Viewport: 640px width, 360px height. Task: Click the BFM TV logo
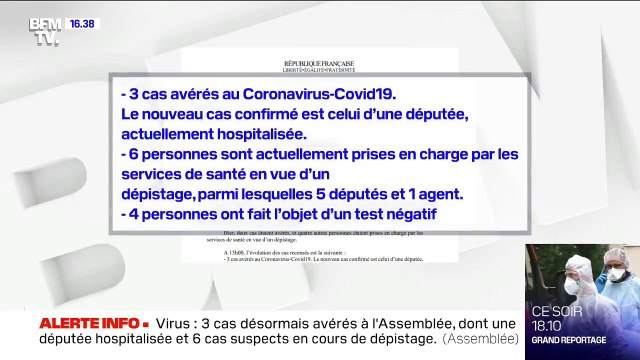click(45, 30)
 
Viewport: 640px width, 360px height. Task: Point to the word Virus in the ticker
click(178, 324)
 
